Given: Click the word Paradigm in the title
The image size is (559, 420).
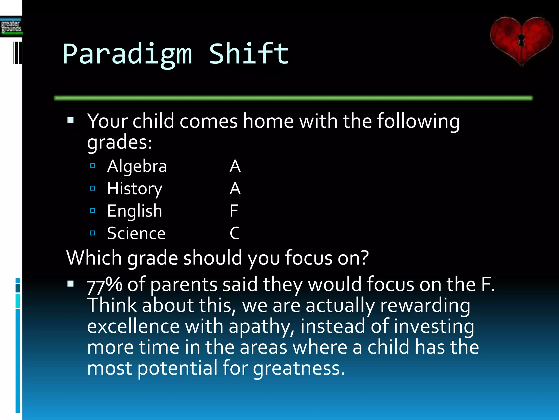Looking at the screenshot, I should pos(127,55).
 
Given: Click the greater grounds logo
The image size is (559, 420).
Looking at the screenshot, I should pos(11,27).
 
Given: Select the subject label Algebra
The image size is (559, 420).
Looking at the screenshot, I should pos(137,166).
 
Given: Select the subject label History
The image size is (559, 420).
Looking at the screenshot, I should pos(135,189).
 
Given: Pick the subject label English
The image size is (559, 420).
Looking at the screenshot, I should pos(135,211).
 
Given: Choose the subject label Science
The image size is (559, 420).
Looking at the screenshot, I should pos(136,234).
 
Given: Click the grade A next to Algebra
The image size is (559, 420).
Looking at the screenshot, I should pos(235,166).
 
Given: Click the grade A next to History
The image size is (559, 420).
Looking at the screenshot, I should pos(235,189).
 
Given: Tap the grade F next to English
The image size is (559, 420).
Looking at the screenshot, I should pos(234,211).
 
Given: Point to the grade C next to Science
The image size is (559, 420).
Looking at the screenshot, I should pos(235,234).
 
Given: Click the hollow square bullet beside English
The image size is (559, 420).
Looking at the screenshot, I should pos(93,211).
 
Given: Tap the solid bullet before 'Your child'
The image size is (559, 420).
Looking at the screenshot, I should pos(71,120).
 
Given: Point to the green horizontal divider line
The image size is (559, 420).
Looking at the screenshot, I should pos(293,98).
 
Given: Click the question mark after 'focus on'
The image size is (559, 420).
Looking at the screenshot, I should pos(364,258).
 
